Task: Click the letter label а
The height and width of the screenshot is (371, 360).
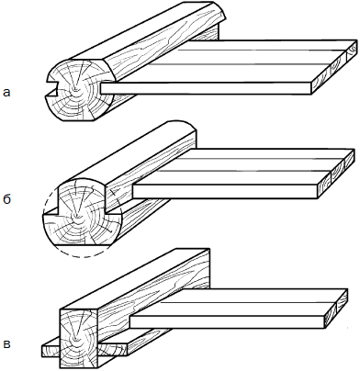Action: [6, 92]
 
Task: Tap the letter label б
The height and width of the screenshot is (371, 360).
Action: [6, 199]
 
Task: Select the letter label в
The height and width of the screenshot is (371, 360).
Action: [6, 344]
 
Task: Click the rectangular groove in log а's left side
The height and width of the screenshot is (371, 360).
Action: [52, 86]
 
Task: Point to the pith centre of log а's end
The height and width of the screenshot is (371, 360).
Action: [74, 89]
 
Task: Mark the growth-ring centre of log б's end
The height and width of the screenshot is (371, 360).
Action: [75, 216]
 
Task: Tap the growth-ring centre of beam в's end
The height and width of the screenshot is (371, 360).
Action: [74, 341]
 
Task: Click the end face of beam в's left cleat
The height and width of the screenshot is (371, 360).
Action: [51, 351]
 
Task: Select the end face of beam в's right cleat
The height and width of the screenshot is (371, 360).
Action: [113, 350]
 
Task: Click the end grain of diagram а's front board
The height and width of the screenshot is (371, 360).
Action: [321, 84]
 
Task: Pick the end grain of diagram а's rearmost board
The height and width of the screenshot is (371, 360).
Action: [352, 51]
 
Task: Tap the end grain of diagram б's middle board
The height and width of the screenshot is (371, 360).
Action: [338, 172]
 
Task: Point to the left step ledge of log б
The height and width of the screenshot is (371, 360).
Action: [51, 211]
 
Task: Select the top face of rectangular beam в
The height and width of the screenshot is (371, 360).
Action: [135, 278]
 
